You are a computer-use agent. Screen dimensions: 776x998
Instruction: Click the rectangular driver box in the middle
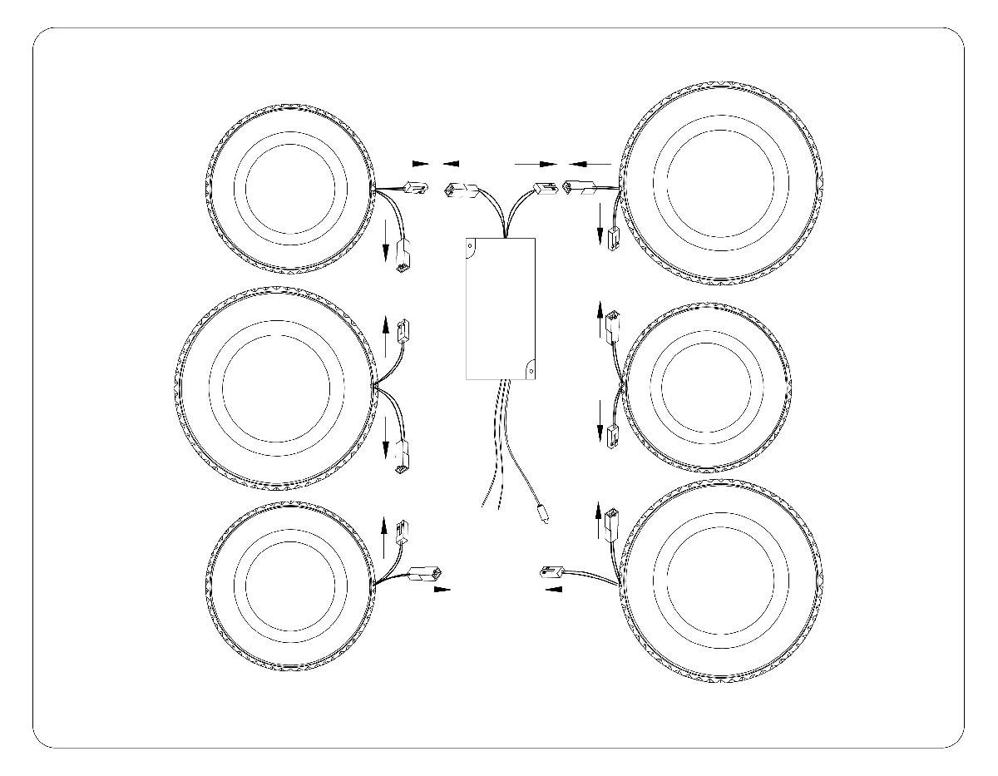(500, 308)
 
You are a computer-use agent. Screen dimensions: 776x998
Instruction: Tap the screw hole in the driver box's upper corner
(471, 245)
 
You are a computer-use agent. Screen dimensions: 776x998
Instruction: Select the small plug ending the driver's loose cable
(542, 514)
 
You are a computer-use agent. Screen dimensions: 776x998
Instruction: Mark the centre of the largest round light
(276, 388)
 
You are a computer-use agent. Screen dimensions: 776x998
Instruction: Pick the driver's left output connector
(460, 190)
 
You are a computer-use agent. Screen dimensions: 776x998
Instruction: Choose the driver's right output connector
(545, 189)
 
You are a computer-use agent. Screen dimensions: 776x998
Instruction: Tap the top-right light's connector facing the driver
(580, 188)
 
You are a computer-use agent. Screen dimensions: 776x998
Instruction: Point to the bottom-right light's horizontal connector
(551, 571)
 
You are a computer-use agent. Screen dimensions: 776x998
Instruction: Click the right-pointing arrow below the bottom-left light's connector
(442, 589)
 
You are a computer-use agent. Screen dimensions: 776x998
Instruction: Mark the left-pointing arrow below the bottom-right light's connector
(551, 589)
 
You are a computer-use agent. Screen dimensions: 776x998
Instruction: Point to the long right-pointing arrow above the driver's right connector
(536, 163)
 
